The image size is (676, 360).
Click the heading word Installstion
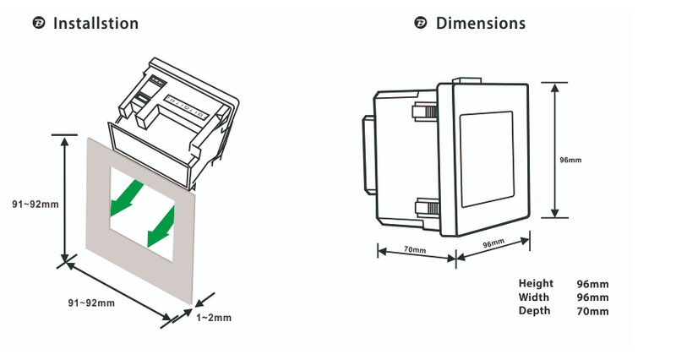pos(95,24)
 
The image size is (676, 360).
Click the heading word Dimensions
pos(480,24)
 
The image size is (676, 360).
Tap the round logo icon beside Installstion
pos(38,24)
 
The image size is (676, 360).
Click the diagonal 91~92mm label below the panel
pos(90,303)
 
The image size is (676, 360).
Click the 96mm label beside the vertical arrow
pos(571,159)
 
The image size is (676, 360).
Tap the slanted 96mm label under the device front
pos(493,243)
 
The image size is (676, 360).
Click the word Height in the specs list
pos(536,284)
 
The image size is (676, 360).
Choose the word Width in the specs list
pos(534,297)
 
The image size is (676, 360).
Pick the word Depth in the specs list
pos(534,311)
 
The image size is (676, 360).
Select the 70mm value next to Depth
pos(592,311)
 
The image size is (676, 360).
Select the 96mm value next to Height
pos(592,284)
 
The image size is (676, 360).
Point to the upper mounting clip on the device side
pos(423,112)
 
